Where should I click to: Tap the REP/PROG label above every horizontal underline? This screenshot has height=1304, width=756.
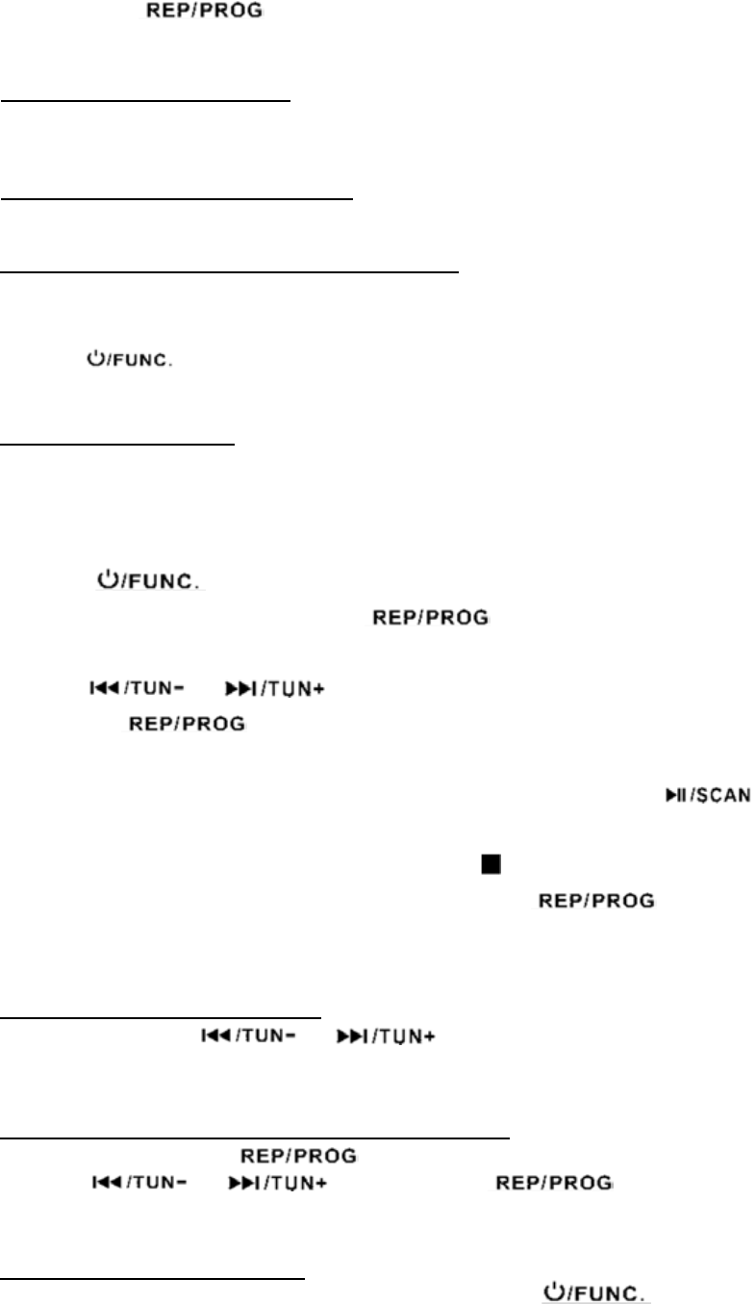tap(202, 18)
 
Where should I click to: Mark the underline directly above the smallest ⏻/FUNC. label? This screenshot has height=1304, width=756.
tap(231, 272)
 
